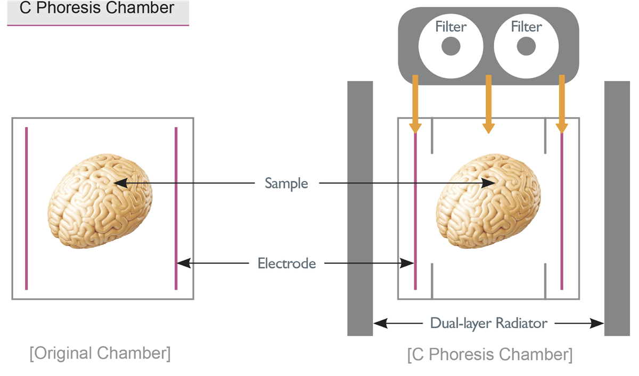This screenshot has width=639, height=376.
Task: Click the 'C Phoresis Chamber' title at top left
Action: tap(96, 9)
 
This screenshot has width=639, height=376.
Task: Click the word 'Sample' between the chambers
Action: tap(286, 184)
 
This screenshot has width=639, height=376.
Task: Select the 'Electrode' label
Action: tap(286, 263)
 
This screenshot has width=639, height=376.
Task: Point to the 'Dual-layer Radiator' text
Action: tap(488, 323)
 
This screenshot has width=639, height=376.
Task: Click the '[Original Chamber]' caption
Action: tap(100, 353)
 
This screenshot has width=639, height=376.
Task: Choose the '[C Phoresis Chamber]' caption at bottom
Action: tap(489, 354)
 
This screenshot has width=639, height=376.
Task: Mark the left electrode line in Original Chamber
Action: tap(26, 208)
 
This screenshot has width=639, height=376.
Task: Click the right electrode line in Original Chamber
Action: tap(176, 208)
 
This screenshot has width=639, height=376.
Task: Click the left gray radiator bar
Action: tap(360, 208)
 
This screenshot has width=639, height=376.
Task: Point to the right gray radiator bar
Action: tap(617, 208)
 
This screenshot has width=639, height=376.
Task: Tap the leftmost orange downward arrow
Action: tap(415, 104)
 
